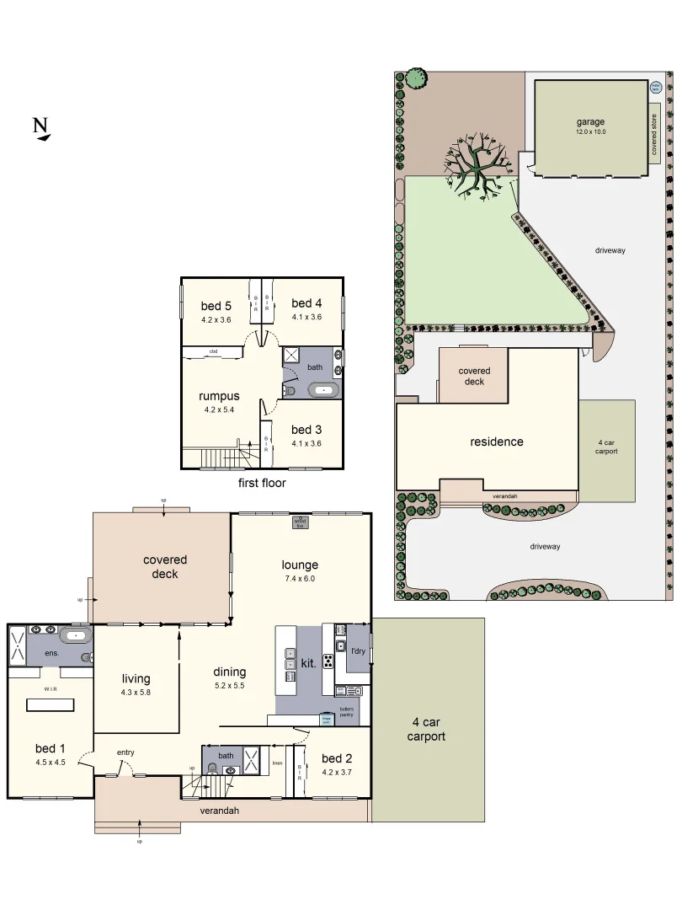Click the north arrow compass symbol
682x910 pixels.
tap(40, 128)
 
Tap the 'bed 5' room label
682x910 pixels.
tap(216, 306)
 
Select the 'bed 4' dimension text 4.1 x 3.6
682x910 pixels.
tap(306, 318)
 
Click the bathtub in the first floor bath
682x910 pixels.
tap(325, 389)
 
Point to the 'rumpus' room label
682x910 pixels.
tap(219, 396)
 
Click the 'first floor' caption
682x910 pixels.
tap(262, 483)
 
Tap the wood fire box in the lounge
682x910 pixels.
tap(300, 523)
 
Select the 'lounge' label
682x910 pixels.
tap(300, 565)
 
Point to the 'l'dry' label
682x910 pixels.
tap(357, 651)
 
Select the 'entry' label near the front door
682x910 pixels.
tap(125, 752)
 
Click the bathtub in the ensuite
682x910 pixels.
tap(76, 634)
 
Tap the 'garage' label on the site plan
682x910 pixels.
tap(590, 121)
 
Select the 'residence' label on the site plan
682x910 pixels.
tap(496, 442)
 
